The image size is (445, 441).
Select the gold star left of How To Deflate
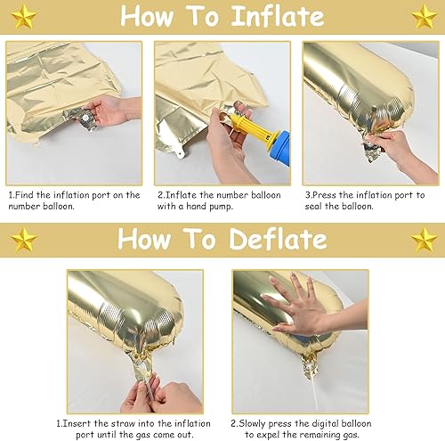click(x=23, y=238)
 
